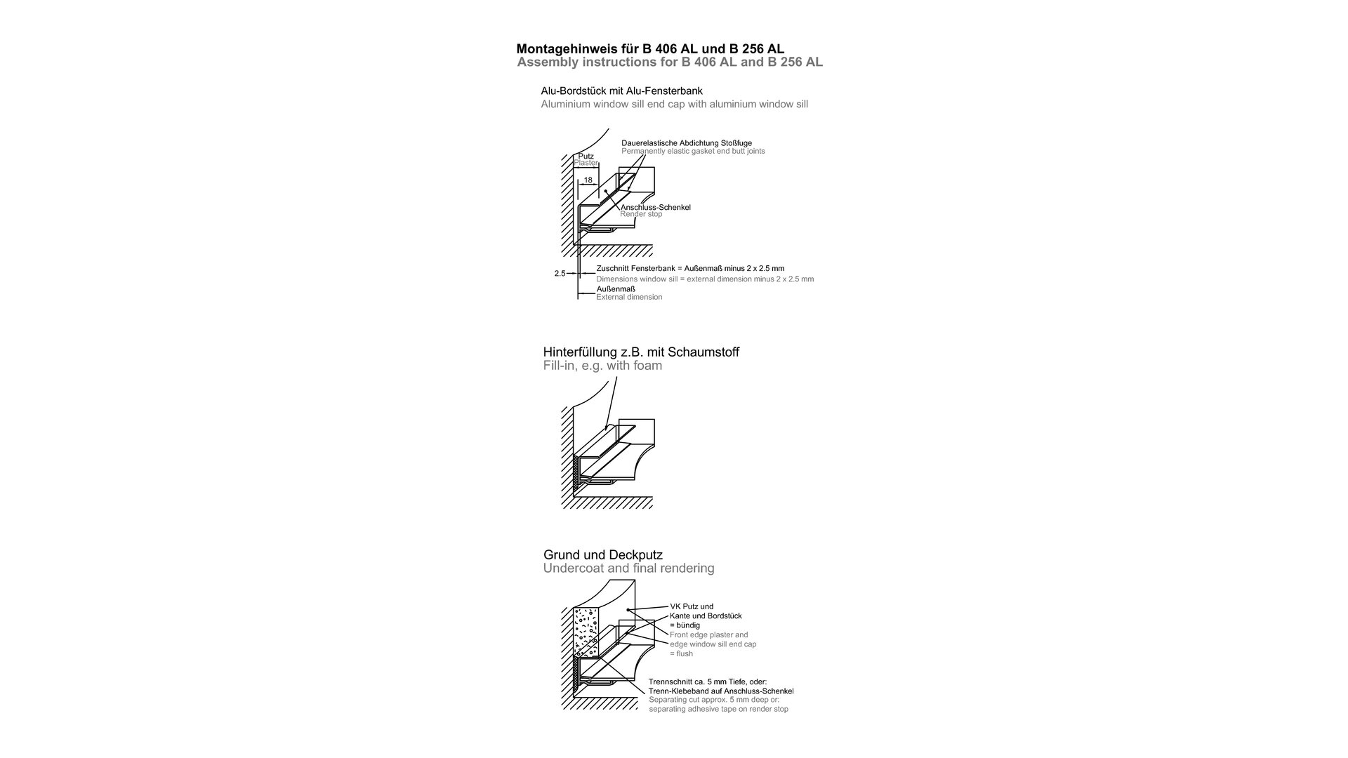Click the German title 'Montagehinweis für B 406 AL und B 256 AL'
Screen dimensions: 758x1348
pyautogui.click(x=650, y=49)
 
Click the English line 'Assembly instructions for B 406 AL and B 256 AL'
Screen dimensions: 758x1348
pyautogui.click(x=670, y=62)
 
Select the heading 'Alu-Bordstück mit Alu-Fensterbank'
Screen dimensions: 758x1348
pyautogui.click(x=621, y=91)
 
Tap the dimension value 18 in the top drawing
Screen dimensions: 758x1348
pyautogui.click(x=588, y=180)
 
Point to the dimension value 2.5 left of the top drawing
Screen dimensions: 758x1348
pyautogui.click(x=560, y=274)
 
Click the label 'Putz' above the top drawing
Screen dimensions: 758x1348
pyautogui.click(x=586, y=157)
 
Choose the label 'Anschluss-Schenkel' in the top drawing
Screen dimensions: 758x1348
pyautogui.click(x=656, y=207)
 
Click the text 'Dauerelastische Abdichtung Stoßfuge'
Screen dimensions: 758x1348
pyautogui.click(x=686, y=143)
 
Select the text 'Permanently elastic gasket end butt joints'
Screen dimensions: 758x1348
pyautogui.click(x=693, y=152)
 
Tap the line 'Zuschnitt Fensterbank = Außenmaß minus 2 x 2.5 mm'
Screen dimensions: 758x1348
pyautogui.click(x=690, y=268)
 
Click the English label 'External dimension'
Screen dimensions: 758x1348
pyautogui.click(x=629, y=297)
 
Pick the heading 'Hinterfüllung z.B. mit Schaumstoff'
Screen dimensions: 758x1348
pyautogui.click(x=641, y=352)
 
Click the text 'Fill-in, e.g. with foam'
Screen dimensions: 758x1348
pyautogui.click(x=602, y=366)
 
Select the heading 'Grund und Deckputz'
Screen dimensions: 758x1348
pyautogui.click(x=602, y=555)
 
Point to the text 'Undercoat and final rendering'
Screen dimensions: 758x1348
pyautogui.click(x=628, y=568)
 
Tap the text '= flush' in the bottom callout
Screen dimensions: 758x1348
pyautogui.click(x=681, y=653)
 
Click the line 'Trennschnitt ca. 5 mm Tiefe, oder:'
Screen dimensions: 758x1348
pyautogui.click(x=708, y=681)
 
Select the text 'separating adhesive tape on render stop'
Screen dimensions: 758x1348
pyautogui.click(x=718, y=709)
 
